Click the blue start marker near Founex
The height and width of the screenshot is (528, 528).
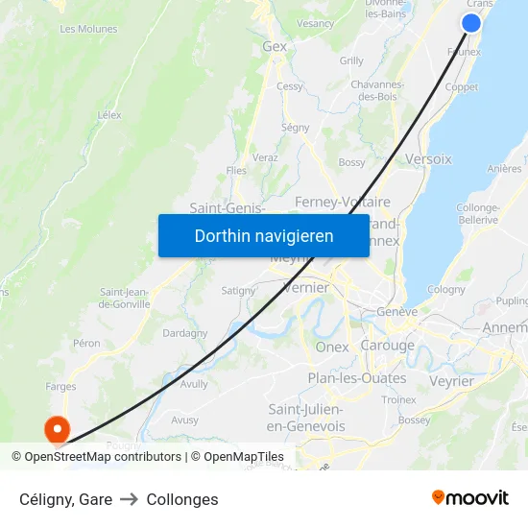point(471,23)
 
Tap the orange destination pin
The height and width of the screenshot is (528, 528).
point(57,428)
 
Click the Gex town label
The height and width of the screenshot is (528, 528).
point(275,46)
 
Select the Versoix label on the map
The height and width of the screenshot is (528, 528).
point(428,159)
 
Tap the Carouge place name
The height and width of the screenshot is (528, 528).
point(387,346)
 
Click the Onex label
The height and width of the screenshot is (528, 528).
point(332,347)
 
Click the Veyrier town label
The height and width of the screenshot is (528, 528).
point(451,381)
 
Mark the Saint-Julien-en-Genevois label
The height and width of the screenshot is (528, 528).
point(305,418)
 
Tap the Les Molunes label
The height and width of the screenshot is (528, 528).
point(88,29)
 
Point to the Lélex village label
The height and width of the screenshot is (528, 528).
point(109,115)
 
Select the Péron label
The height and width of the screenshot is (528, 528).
point(86,343)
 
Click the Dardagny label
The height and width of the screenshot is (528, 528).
point(184,333)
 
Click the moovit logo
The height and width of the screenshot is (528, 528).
point(470,498)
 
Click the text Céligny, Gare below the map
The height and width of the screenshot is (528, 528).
point(65,499)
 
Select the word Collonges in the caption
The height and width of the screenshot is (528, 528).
point(182,499)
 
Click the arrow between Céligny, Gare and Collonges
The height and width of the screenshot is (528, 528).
point(130,499)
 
